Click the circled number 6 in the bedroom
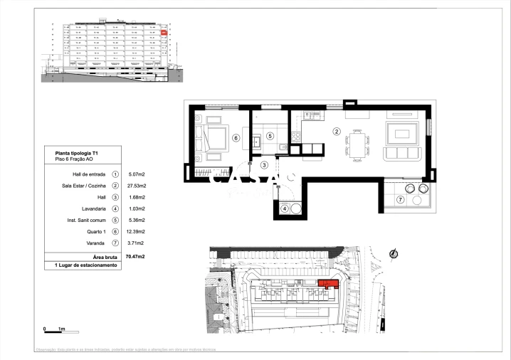236,139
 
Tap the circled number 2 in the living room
336,131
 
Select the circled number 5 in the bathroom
270,136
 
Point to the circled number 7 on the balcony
400,200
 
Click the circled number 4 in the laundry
284,208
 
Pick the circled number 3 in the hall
264,165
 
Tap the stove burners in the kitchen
310,115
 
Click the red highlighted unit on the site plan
327,286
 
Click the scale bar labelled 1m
54,329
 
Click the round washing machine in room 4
295,208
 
